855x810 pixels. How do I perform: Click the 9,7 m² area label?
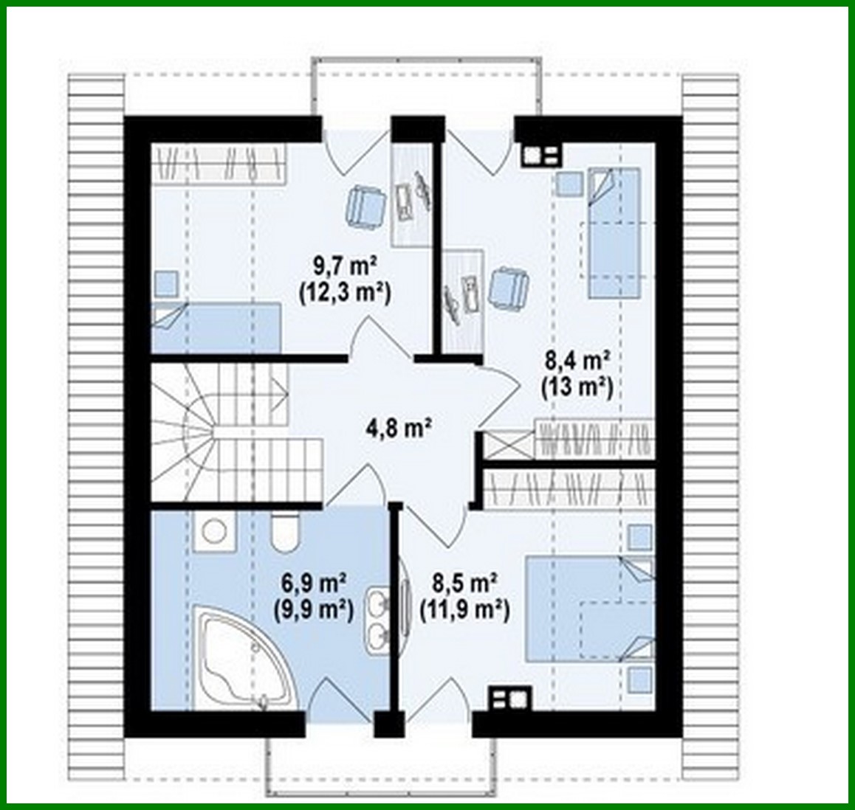pos(345,263)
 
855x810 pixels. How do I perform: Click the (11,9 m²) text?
pos(465,609)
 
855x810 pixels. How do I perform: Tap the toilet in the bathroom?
pos(284,533)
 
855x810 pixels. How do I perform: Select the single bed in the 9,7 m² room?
pos(216,327)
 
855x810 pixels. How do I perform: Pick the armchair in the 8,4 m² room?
pos(509,287)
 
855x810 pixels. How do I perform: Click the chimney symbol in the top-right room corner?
pos(540,155)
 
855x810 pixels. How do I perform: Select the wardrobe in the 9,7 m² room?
pos(219,163)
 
